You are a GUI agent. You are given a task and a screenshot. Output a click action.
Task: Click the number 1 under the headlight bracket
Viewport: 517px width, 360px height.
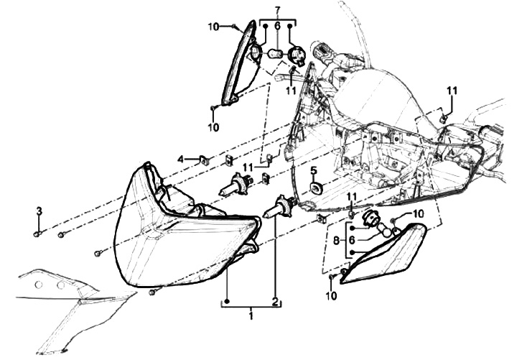pyautogui.click(x=250, y=315)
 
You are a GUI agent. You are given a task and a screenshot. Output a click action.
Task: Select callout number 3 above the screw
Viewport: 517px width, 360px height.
pyautogui.click(x=40, y=210)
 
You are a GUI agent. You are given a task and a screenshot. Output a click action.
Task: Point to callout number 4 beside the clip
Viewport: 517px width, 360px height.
pyautogui.click(x=182, y=159)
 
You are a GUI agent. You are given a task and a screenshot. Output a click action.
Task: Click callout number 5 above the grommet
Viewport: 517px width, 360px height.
pyautogui.click(x=313, y=171)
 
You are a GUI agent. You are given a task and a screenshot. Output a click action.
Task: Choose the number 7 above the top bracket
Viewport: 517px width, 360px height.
pyautogui.click(x=276, y=9)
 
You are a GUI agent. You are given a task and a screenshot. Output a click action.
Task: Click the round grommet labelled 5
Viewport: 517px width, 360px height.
pyautogui.click(x=314, y=188)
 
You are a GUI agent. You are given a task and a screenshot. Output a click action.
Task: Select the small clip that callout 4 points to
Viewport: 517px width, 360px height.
pyautogui.click(x=203, y=160)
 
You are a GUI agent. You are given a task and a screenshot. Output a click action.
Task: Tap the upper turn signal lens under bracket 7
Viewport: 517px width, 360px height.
pyautogui.click(x=238, y=65)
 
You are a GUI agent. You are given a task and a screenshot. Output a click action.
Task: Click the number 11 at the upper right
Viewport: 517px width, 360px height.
pyautogui.click(x=452, y=90)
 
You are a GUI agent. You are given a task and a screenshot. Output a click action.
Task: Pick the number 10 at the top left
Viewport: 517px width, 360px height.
pyautogui.click(x=213, y=27)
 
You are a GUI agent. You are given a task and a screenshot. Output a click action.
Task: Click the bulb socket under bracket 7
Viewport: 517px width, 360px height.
pyautogui.click(x=295, y=53)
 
